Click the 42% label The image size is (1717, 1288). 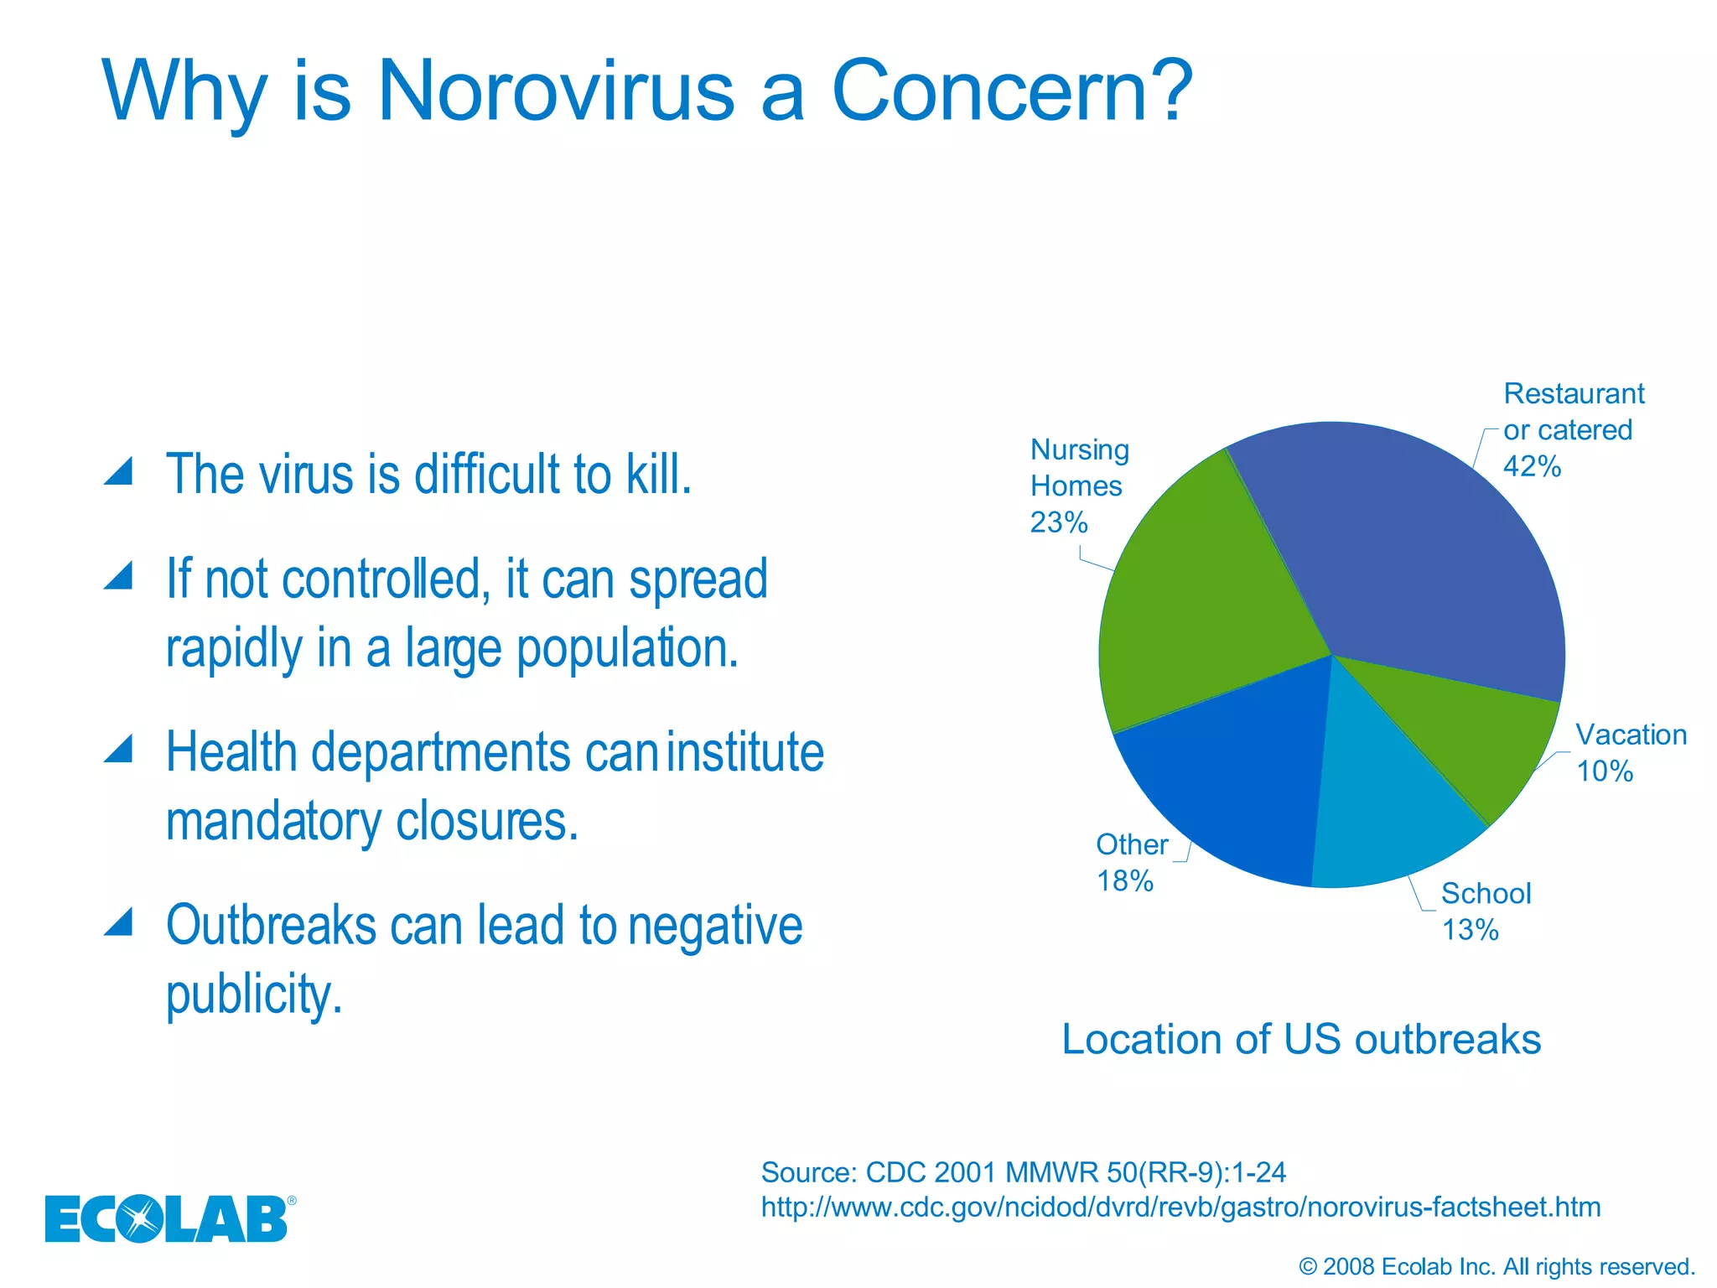[1532, 466]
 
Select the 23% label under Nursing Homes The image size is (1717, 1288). [1059, 522]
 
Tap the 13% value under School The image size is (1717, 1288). [1471, 930]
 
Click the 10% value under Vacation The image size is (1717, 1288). [1605, 771]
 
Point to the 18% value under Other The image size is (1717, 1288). [1125, 881]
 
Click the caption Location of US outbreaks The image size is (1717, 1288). [1301, 1040]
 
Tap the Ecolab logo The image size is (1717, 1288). [168, 1218]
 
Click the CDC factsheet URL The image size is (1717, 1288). [1180, 1207]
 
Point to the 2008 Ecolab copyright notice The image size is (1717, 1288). [1497, 1266]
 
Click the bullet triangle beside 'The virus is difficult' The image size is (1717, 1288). [119, 472]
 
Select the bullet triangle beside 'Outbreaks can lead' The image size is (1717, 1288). [119, 922]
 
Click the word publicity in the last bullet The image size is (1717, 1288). [254, 995]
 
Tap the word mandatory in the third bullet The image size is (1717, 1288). [273, 822]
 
